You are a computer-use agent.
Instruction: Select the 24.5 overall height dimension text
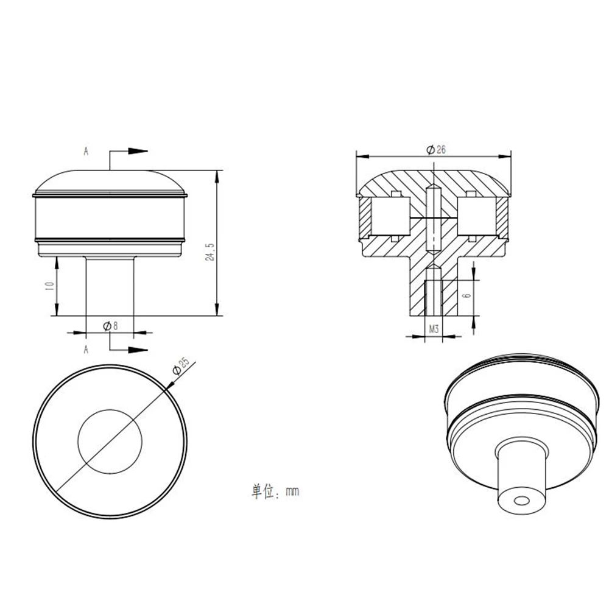tap(210, 253)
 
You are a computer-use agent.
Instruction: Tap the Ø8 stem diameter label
tap(110, 326)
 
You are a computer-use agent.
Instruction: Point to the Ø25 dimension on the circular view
tap(181, 366)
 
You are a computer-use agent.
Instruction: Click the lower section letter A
tap(86, 349)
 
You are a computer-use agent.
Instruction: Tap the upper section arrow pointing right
tap(139, 150)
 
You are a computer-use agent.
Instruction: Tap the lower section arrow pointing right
tap(139, 350)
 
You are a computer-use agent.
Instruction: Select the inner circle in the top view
tap(110, 440)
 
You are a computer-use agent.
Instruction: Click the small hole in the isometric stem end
tap(521, 500)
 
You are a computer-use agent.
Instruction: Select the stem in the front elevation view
tap(110, 286)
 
